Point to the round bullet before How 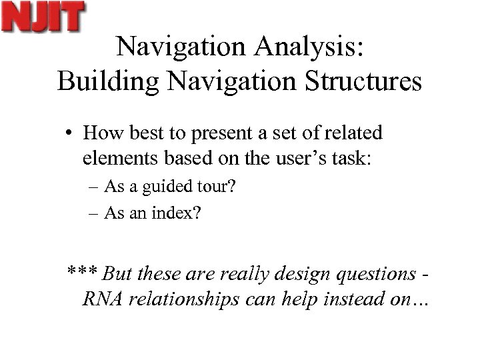tap(69, 134)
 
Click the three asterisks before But tap(82, 273)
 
